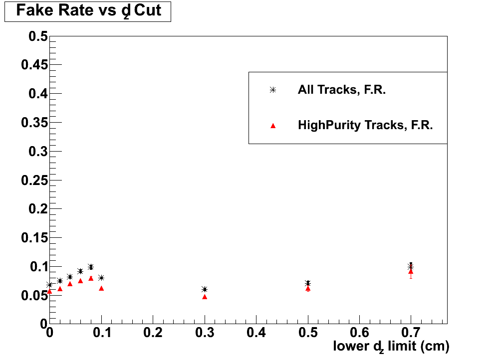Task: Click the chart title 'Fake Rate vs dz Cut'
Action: (88, 11)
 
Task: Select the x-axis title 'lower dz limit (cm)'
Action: (391, 346)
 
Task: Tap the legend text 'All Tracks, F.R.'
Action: (341, 90)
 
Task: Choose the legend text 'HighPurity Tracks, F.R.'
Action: (365, 125)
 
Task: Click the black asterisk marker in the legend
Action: (272, 90)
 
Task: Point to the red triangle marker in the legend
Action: (272, 126)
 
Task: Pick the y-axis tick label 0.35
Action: (34, 123)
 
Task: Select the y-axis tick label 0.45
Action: (34, 65)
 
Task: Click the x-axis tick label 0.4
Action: (256, 332)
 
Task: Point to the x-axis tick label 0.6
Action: (359, 332)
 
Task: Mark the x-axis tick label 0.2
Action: (152, 332)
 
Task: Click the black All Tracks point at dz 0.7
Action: (411, 267)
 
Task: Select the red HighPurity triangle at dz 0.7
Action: (411, 272)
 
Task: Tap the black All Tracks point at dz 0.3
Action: (205, 289)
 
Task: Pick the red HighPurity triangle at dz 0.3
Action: (205, 297)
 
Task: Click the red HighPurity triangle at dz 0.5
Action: (308, 288)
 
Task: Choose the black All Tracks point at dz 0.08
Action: (90, 267)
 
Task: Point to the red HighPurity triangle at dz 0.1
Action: (101, 288)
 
